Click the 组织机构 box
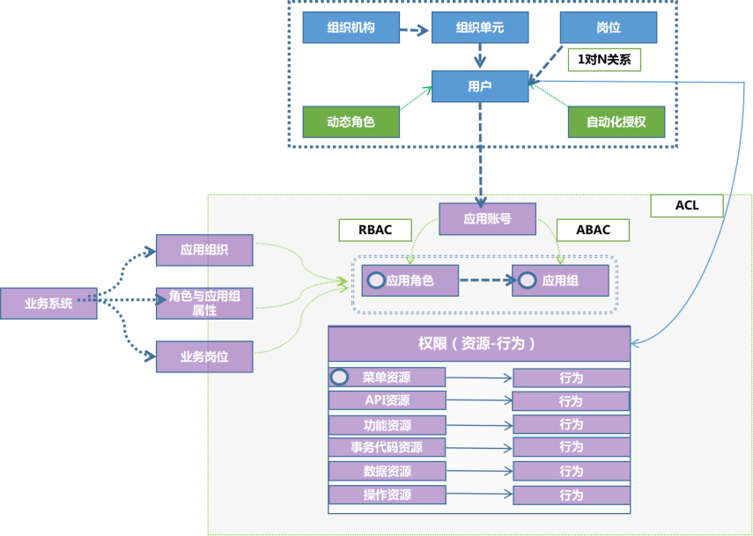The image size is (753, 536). tap(351, 28)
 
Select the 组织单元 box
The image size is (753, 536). tap(479, 28)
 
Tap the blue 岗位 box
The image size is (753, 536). tap(609, 28)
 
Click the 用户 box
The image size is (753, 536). tap(479, 86)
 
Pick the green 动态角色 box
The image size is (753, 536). tap(351, 122)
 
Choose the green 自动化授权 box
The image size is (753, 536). tap(616, 122)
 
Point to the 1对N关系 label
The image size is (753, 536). tap(603, 60)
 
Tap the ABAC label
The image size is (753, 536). tap(592, 230)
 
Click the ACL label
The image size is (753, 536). tap(686, 206)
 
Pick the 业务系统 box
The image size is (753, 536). tap(48, 304)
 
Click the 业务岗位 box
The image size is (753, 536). tap(204, 356)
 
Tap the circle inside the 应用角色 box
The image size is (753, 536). tap(376, 282)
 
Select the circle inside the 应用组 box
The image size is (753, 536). tap(528, 282)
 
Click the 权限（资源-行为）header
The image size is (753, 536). tap(478, 343)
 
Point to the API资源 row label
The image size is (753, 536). tap(387, 400)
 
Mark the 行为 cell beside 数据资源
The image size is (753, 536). tap(571, 471)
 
